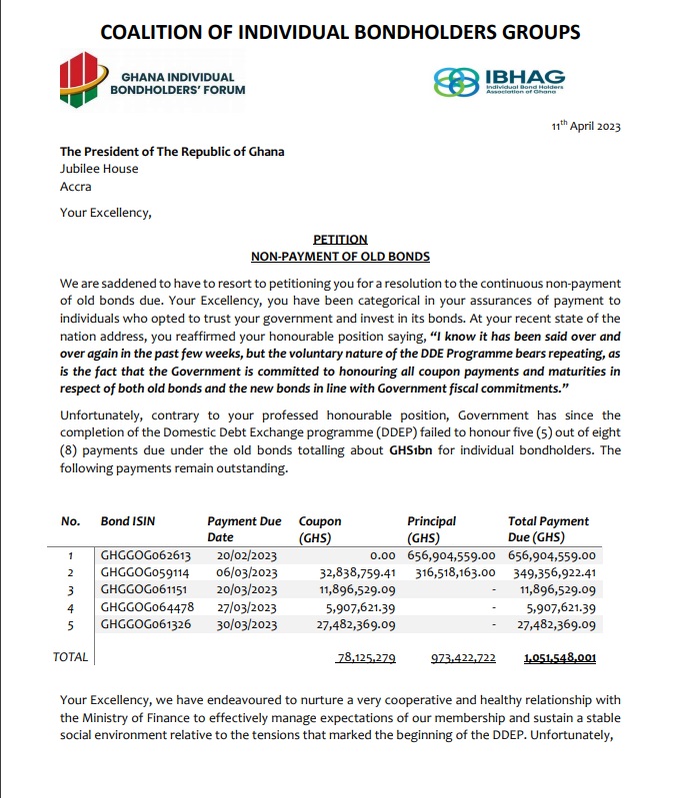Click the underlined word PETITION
click(x=340, y=240)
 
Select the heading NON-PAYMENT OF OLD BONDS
click(x=340, y=257)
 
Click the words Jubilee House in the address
click(x=99, y=169)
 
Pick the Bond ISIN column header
click(x=128, y=521)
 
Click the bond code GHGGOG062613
click(x=139, y=555)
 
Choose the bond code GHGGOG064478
click(x=139, y=607)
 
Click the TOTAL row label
click(x=70, y=657)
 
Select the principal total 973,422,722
click(x=464, y=659)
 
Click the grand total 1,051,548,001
click(x=560, y=659)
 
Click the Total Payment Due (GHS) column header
click(x=548, y=529)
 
